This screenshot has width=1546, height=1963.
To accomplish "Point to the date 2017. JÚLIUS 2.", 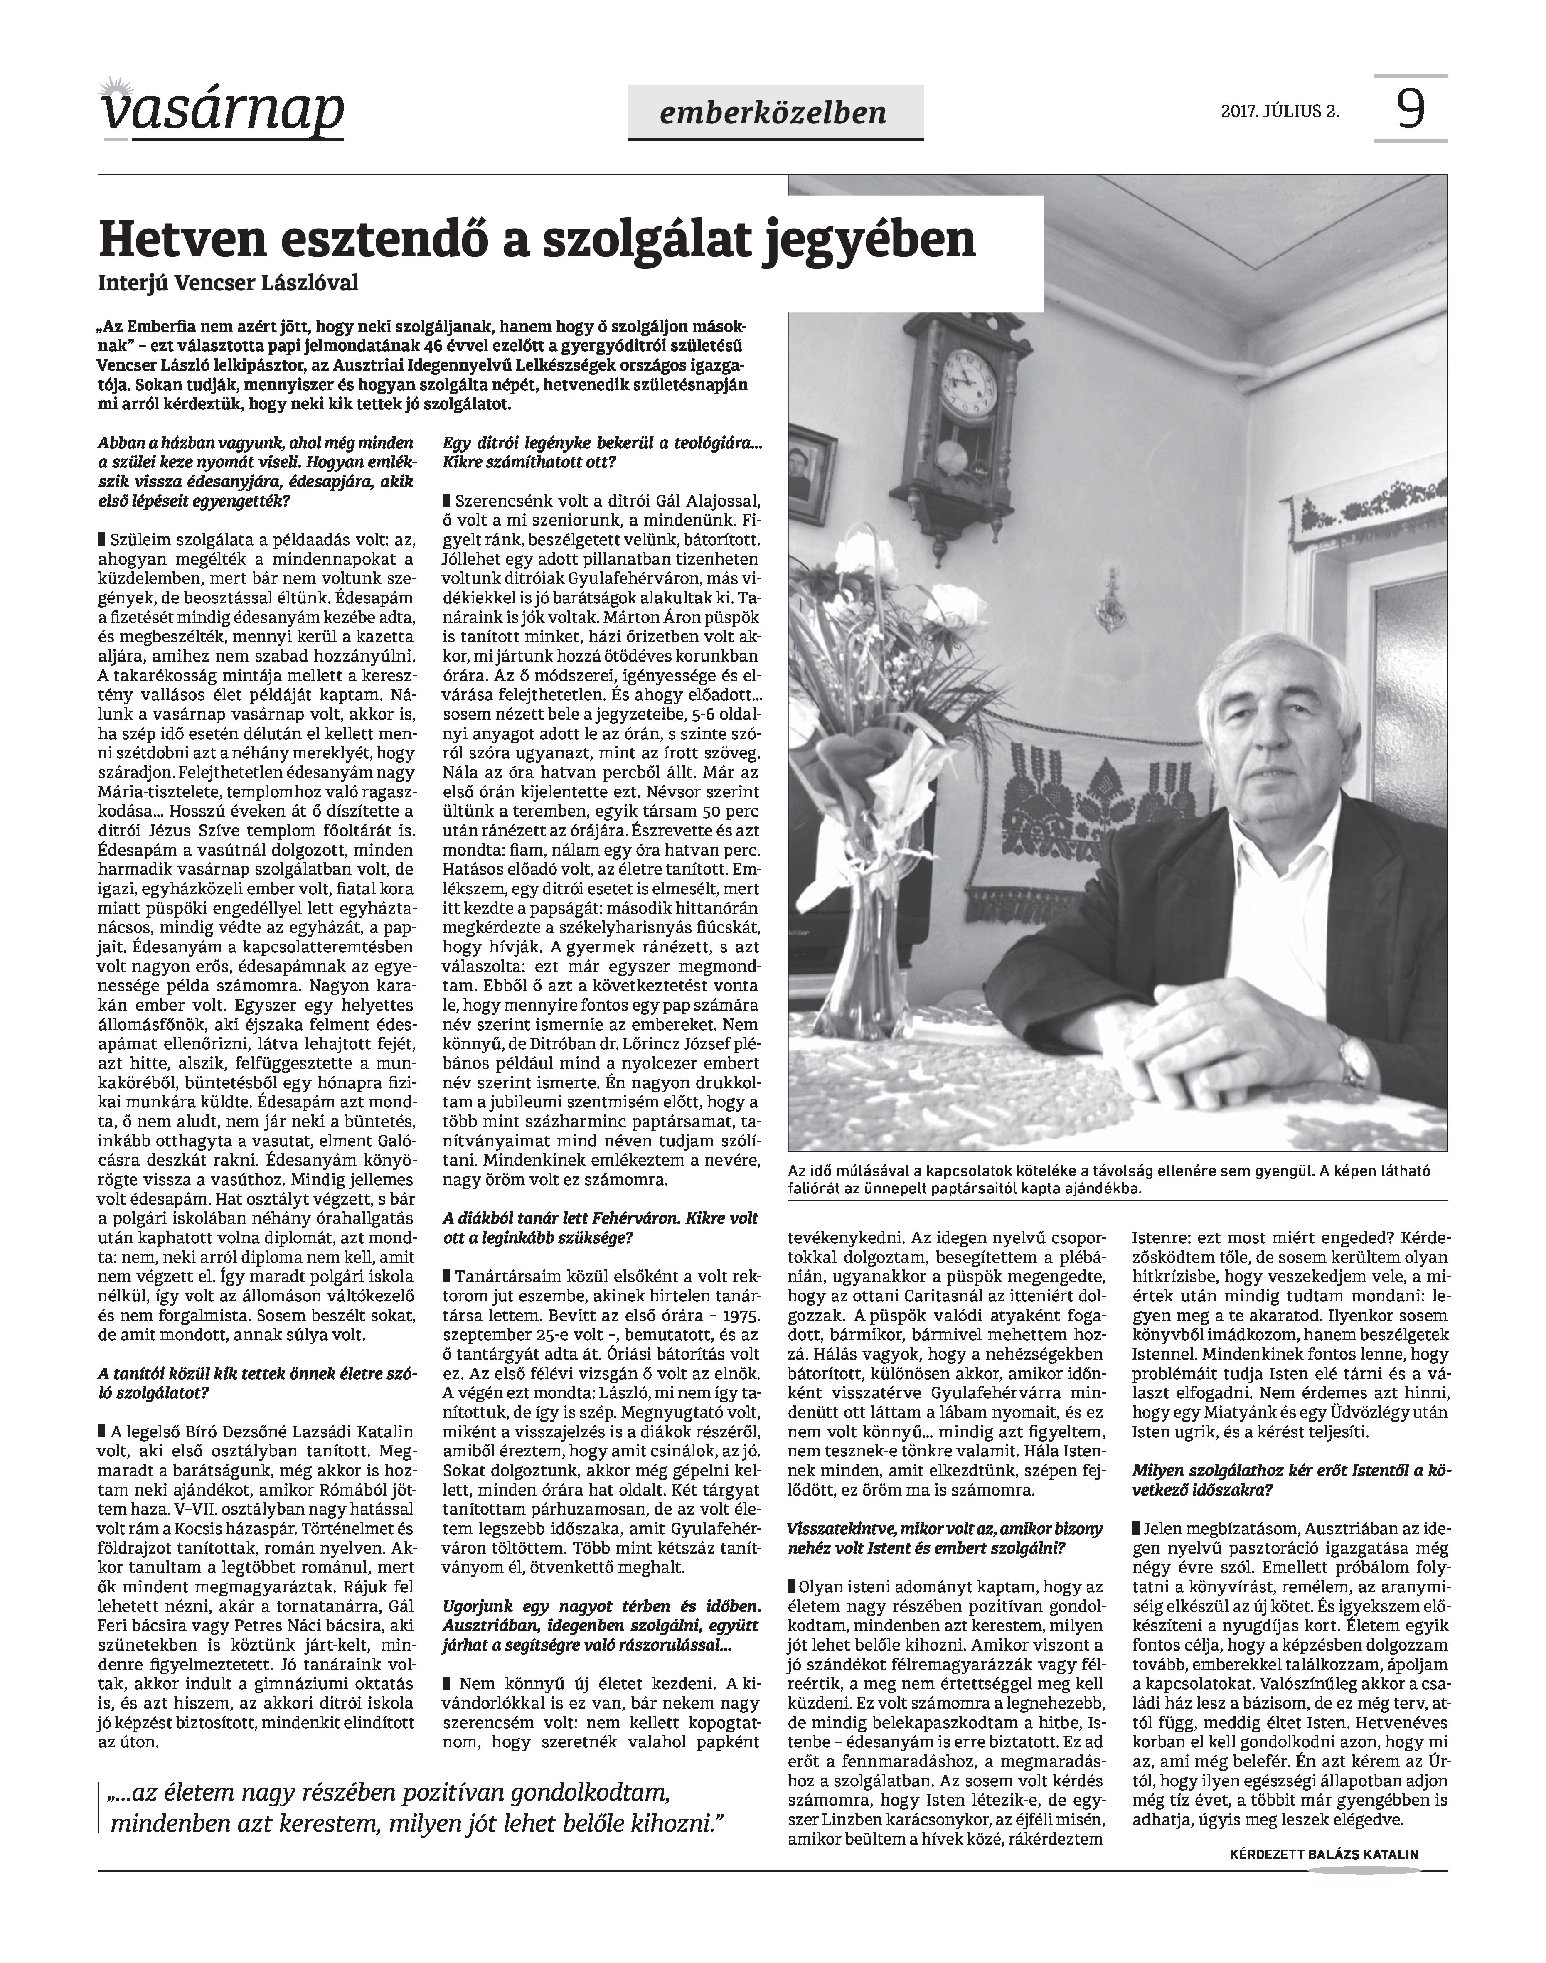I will [x=1280, y=112].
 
